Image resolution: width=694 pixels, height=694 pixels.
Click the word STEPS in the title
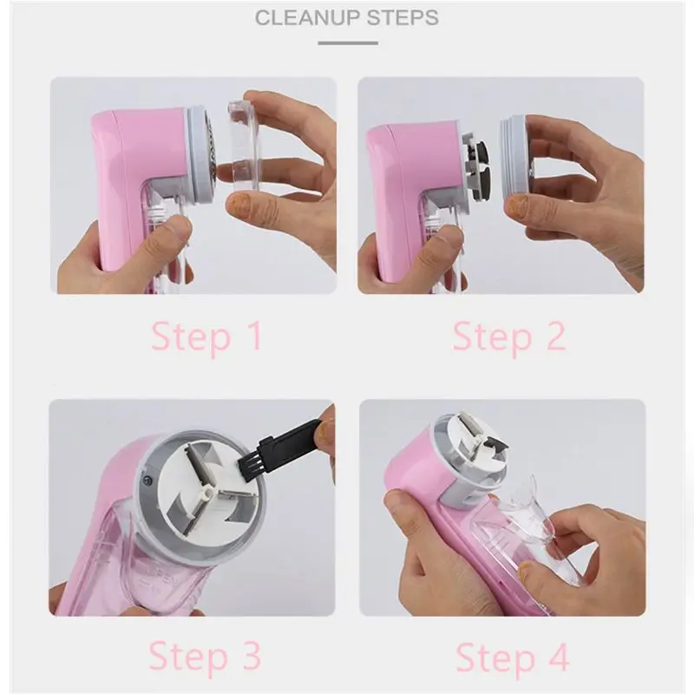[x=399, y=17]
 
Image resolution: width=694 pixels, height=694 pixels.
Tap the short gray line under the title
[x=347, y=42]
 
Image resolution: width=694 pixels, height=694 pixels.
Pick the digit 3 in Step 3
[x=246, y=657]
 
